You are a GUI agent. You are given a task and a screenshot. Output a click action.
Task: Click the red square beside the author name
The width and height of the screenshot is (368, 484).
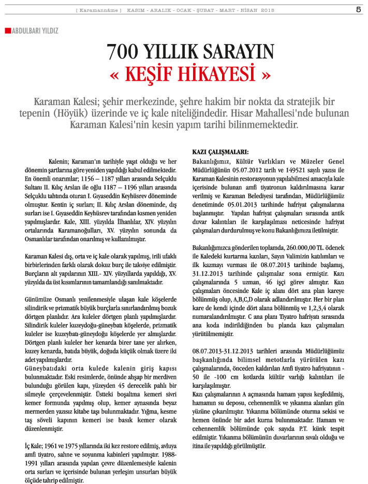point(7,31)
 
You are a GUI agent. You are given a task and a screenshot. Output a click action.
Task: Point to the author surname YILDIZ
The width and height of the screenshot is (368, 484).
point(47,31)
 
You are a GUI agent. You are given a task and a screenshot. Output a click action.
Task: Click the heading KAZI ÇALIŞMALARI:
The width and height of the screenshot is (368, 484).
point(220,152)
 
